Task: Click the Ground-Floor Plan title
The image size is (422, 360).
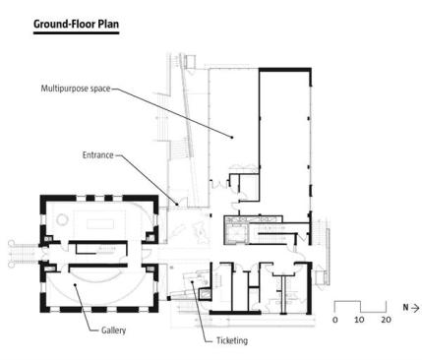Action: click(76, 25)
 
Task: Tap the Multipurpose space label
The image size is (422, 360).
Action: click(76, 89)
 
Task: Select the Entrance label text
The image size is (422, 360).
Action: click(97, 155)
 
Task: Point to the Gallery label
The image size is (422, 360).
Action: click(113, 330)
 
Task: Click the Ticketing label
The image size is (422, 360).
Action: click(232, 340)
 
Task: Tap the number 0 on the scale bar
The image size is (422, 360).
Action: click(334, 320)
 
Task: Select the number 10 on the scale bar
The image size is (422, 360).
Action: click(359, 320)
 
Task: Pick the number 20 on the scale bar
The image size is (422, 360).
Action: click(386, 320)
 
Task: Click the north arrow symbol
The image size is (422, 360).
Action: click(415, 308)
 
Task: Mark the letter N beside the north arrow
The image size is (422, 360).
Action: click(406, 308)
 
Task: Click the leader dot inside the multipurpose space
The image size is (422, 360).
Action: click(232, 138)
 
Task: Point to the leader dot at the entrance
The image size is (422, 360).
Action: click(177, 205)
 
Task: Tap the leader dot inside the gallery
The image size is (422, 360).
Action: click(75, 284)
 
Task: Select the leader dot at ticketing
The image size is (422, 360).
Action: click(193, 281)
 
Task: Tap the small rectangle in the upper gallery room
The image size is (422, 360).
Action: click(100, 225)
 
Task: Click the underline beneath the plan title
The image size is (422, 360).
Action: click(76, 32)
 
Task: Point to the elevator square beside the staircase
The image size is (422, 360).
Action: click(237, 233)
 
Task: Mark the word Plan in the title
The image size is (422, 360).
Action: click(108, 25)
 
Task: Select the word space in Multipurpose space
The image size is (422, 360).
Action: click(99, 89)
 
